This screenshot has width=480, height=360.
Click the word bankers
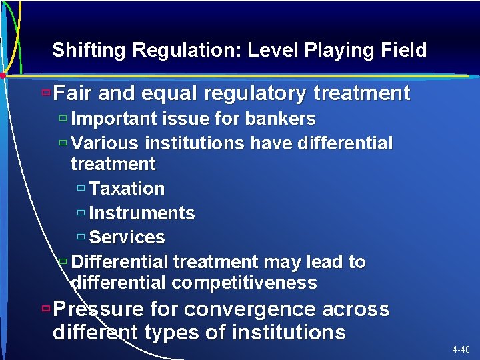280,119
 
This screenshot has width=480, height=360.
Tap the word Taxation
127,189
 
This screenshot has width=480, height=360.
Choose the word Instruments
141,213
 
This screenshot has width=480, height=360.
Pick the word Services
127,237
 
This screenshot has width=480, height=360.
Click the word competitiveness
244,283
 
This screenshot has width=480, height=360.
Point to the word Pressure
99,309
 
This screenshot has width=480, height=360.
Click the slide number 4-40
461,349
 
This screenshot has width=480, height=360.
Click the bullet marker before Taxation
81,189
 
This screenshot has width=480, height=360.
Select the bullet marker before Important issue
62,119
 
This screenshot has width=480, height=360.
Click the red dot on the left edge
3,75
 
